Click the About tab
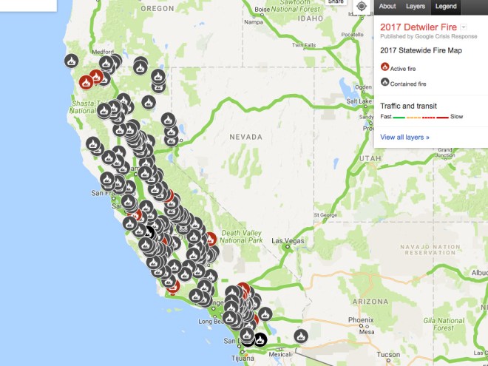pyautogui.click(x=387, y=6)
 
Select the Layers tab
pyautogui.click(x=416, y=6)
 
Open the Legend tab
pyautogui.click(x=445, y=6)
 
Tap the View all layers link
pyautogui.click(x=404, y=137)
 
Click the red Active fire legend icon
pyautogui.click(x=384, y=67)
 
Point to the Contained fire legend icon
pyautogui.click(x=384, y=82)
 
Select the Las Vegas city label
pyautogui.click(x=288, y=241)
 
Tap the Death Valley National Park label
pyautogui.click(x=241, y=236)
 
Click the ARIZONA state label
pyautogui.click(x=370, y=302)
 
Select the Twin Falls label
pyautogui.click(x=304, y=44)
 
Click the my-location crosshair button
pyautogui.click(x=361, y=7)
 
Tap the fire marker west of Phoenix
pyautogui.click(x=301, y=336)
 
